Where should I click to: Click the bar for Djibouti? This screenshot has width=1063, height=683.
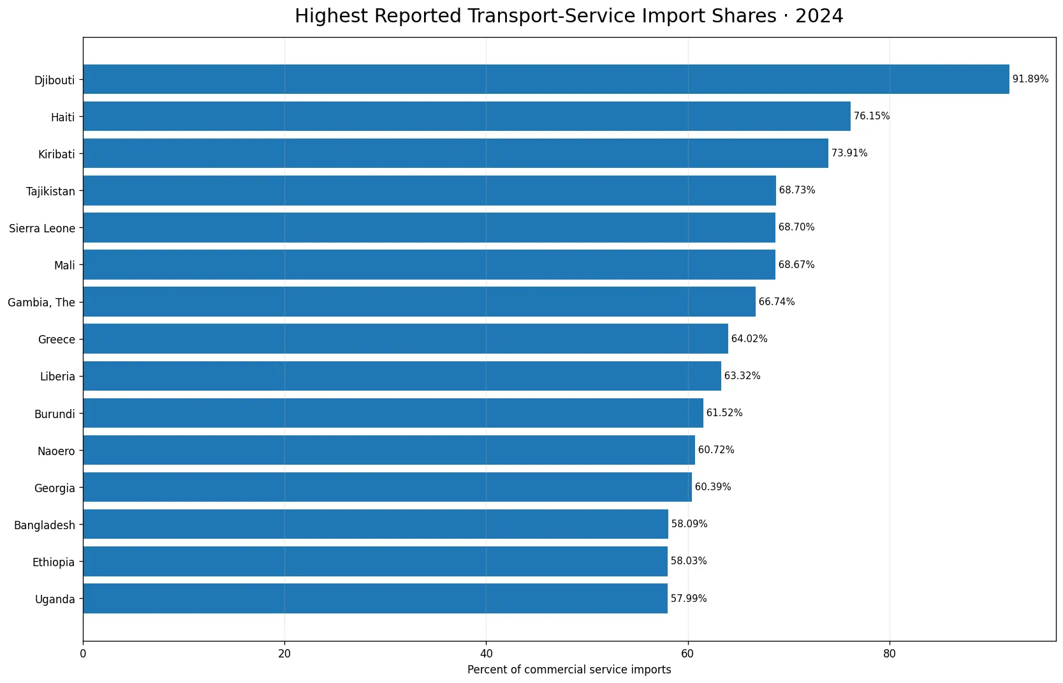pyautogui.click(x=546, y=79)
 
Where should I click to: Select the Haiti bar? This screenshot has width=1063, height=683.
pyautogui.click(x=467, y=116)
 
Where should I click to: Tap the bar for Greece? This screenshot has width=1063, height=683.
pyautogui.click(x=406, y=339)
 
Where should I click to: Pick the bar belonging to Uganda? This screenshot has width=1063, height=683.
pyautogui.click(x=376, y=599)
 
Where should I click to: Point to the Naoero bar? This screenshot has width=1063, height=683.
pyautogui.click(x=389, y=450)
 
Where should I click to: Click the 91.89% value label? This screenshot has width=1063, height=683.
pyautogui.click(x=1030, y=79)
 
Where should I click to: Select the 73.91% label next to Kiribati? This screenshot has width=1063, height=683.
pyautogui.click(x=849, y=153)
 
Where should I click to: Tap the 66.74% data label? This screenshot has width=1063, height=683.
pyautogui.click(x=777, y=301)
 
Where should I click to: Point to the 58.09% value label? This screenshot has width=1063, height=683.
pyautogui.click(x=689, y=524)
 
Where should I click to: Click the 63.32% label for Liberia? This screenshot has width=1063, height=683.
pyautogui.click(x=742, y=376)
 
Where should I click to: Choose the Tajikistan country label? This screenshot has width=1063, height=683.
pyautogui.click(x=51, y=191)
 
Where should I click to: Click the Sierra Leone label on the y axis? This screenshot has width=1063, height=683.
pyautogui.click(x=42, y=229)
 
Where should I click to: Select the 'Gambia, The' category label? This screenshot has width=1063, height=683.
pyautogui.click(x=41, y=303)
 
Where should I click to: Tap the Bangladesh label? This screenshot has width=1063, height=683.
pyautogui.click(x=45, y=525)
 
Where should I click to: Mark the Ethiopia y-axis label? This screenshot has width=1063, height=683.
pyautogui.click(x=54, y=562)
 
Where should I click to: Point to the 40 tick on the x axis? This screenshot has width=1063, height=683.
pyautogui.click(x=487, y=654)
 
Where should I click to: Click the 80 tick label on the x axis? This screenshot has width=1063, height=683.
pyautogui.click(x=890, y=654)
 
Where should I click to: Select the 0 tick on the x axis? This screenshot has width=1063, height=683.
pyautogui.click(x=84, y=654)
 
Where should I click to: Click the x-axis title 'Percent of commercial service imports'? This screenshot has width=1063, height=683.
pyautogui.click(x=569, y=670)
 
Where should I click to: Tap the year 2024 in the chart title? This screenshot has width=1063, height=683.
pyautogui.click(x=819, y=16)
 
